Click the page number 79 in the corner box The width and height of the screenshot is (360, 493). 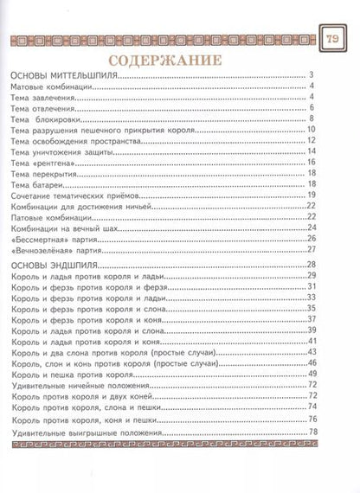334,38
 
